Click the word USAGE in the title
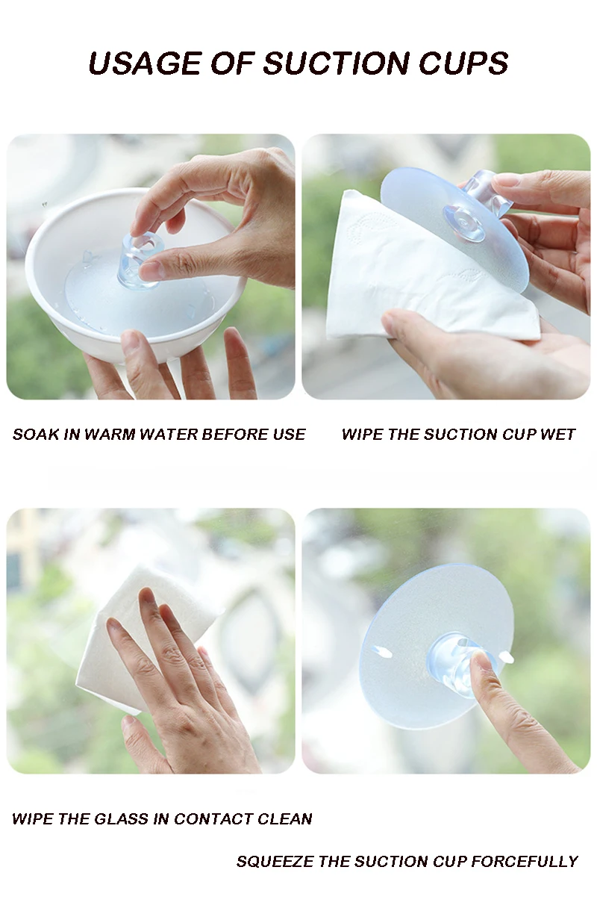click(x=144, y=63)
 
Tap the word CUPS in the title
click(x=463, y=63)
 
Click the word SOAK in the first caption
click(x=36, y=435)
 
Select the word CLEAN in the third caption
click(x=284, y=818)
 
